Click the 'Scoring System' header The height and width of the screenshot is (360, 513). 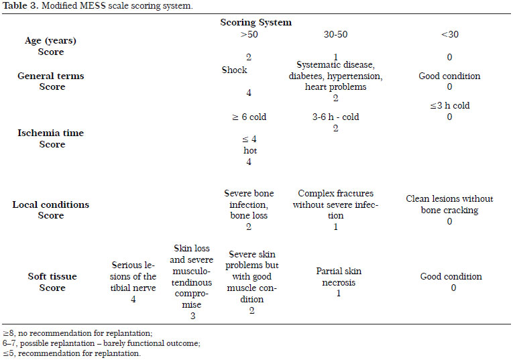coord(256,23)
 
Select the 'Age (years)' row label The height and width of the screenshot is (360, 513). coord(51,41)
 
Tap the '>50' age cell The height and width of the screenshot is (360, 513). coord(249,34)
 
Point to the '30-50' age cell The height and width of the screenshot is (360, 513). coord(336,34)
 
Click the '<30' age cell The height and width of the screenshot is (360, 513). coord(450,34)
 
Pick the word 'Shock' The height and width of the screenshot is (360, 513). coord(234,70)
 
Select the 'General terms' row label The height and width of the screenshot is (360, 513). coord(51,76)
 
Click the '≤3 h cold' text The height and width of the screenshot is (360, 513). coord(450,106)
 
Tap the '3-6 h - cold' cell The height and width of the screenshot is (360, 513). coord(336,117)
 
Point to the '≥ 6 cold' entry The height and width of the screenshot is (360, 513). coord(249,117)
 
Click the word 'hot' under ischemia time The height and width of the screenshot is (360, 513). coord(250,150)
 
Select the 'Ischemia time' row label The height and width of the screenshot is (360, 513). coord(51,133)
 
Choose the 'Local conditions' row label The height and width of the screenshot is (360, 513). coord(51,204)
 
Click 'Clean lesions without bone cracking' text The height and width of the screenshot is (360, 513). coord(449,204)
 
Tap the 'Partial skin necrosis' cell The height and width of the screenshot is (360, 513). coord(339,277)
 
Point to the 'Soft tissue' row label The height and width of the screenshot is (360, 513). coord(52,277)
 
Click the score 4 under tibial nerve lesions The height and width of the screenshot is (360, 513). coord(133,299)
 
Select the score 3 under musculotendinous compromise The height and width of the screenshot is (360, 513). coord(192,316)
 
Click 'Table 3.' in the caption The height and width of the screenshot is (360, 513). coord(20,5)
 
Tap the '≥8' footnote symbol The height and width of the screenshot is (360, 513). coord(9,333)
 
